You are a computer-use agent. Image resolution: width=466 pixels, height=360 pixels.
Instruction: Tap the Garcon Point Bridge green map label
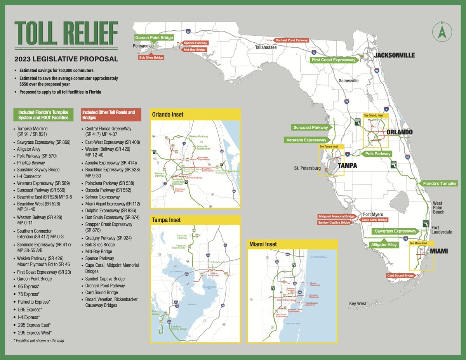pyautogui.click(x=154, y=38)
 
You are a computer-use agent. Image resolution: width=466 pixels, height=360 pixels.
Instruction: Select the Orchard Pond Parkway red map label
pyautogui.click(x=292, y=40)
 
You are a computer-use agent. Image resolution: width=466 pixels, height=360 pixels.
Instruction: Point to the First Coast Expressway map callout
pyautogui.click(x=334, y=60)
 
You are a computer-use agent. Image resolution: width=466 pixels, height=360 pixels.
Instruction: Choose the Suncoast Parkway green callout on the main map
pyautogui.click(x=311, y=127)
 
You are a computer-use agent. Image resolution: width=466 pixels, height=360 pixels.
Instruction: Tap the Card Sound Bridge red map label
pyautogui.click(x=400, y=276)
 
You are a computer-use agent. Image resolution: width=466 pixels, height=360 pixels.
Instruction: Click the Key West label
pyautogui.click(x=357, y=304)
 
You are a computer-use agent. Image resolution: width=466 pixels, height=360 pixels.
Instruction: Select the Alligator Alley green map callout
pyautogui.click(x=384, y=245)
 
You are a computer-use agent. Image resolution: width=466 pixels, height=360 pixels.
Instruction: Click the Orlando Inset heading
pyautogui.click(x=168, y=115)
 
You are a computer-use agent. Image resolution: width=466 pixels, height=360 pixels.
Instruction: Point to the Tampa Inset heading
pyautogui.click(x=167, y=220)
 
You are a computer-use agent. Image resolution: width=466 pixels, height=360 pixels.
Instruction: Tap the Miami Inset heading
pyautogui.click(x=264, y=244)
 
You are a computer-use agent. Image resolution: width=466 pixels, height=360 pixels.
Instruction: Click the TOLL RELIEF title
pyautogui.click(x=66, y=34)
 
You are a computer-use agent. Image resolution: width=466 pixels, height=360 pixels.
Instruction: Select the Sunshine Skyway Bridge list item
pyautogui.click(x=38, y=170)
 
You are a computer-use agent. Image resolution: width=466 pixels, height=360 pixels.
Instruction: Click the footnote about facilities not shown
pyautogui.click(x=38, y=341)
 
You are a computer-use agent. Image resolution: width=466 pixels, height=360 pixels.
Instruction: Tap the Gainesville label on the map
pyautogui.click(x=348, y=81)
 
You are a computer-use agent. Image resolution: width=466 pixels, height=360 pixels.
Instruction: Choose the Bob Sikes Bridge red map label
pyautogui.click(x=151, y=57)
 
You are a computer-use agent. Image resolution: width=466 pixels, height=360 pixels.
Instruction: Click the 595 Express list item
pyautogui.click(x=30, y=310)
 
